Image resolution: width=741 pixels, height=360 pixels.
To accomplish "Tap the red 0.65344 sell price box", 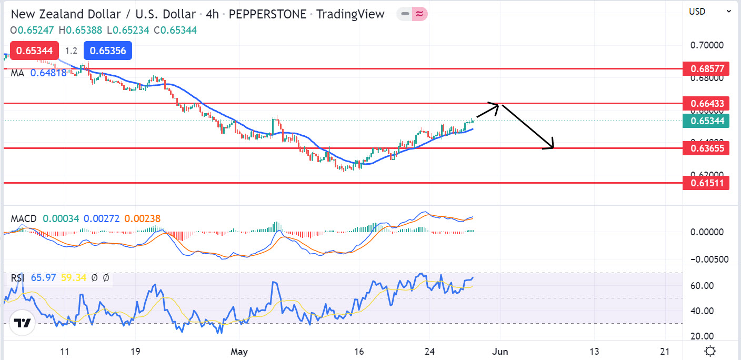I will pos(34,51).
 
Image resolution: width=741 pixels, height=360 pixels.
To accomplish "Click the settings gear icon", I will pos(710,351).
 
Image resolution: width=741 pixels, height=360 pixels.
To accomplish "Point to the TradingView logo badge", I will pos(22,323).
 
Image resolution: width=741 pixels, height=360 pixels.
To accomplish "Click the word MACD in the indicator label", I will pos(24,218).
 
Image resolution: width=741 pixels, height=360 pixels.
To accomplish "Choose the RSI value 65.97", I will pos(44,277).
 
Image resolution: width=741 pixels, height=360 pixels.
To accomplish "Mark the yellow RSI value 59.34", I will pos(74,277).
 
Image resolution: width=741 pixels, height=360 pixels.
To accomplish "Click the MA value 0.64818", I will pos(48,73).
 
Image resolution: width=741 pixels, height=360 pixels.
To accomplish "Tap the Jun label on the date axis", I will pos(500,351).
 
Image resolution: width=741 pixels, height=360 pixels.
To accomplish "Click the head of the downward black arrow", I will pos(553,146).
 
